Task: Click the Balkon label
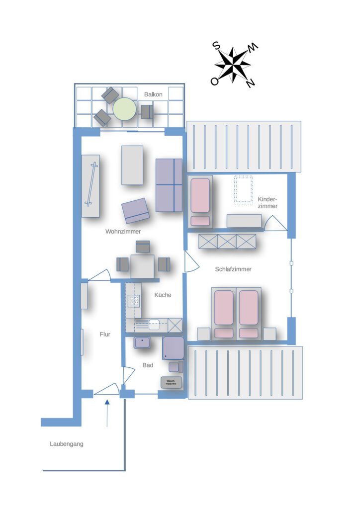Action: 153,94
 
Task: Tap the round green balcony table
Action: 124,109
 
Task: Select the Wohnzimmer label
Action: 123,232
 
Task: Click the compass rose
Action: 233,64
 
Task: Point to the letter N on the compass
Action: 250,84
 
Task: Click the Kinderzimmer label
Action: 268,203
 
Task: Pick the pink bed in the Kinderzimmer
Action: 200,202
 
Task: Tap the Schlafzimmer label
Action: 233,269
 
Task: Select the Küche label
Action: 163,295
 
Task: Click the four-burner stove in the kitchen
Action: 134,301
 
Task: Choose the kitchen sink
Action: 154,325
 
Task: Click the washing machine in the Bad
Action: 171,383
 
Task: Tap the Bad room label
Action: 148,365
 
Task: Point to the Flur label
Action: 105,335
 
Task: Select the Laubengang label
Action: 67,444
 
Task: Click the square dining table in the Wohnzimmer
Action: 143,266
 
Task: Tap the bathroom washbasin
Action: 142,342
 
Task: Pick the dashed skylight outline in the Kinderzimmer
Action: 244,190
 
